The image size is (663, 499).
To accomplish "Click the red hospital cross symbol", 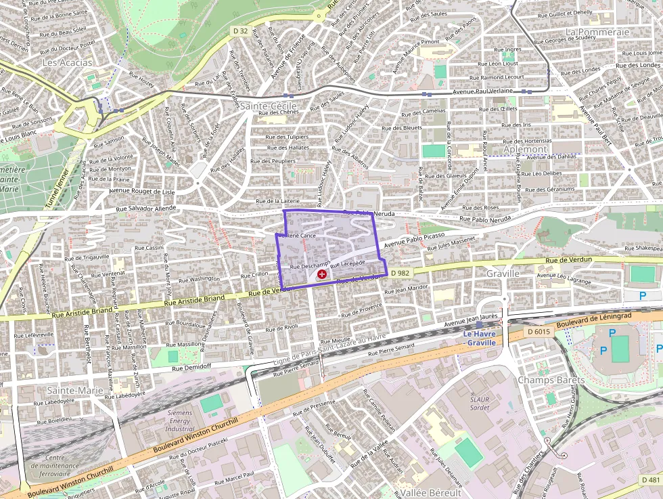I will point(322,275).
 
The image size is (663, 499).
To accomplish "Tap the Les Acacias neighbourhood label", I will point(67,62).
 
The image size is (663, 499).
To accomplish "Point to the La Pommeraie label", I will point(597,32).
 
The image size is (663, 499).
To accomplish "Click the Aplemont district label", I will point(525,149).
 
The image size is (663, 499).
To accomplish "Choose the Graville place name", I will point(503,274).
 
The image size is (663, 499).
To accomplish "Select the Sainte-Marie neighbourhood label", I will point(75,390).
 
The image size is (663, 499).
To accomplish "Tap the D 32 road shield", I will point(240,30).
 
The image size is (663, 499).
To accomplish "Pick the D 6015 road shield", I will point(539,332).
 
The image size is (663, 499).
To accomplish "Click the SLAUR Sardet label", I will point(480,404).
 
